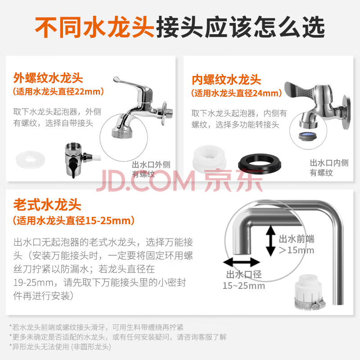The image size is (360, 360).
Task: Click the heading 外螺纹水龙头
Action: (48, 78)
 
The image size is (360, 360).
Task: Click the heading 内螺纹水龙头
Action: (226, 80)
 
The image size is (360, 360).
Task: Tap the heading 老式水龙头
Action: (47, 205)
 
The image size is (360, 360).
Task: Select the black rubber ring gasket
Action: (260, 163)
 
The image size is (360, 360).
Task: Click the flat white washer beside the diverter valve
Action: (30, 160)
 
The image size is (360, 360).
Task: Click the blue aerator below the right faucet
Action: (307, 136)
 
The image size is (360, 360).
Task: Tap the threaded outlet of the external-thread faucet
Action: (122, 133)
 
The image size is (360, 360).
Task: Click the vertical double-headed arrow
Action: (271, 240)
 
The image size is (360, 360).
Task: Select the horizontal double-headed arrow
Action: (242, 262)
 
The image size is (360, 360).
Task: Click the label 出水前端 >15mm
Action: (297, 244)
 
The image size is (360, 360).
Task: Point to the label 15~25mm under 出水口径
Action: (244, 286)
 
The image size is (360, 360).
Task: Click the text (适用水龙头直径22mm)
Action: (58, 92)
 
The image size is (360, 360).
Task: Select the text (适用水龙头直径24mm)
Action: (237, 93)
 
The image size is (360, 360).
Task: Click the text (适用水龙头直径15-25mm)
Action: (74, 220)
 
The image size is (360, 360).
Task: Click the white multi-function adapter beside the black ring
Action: (209, 158)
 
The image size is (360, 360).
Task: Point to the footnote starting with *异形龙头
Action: (60, 346)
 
